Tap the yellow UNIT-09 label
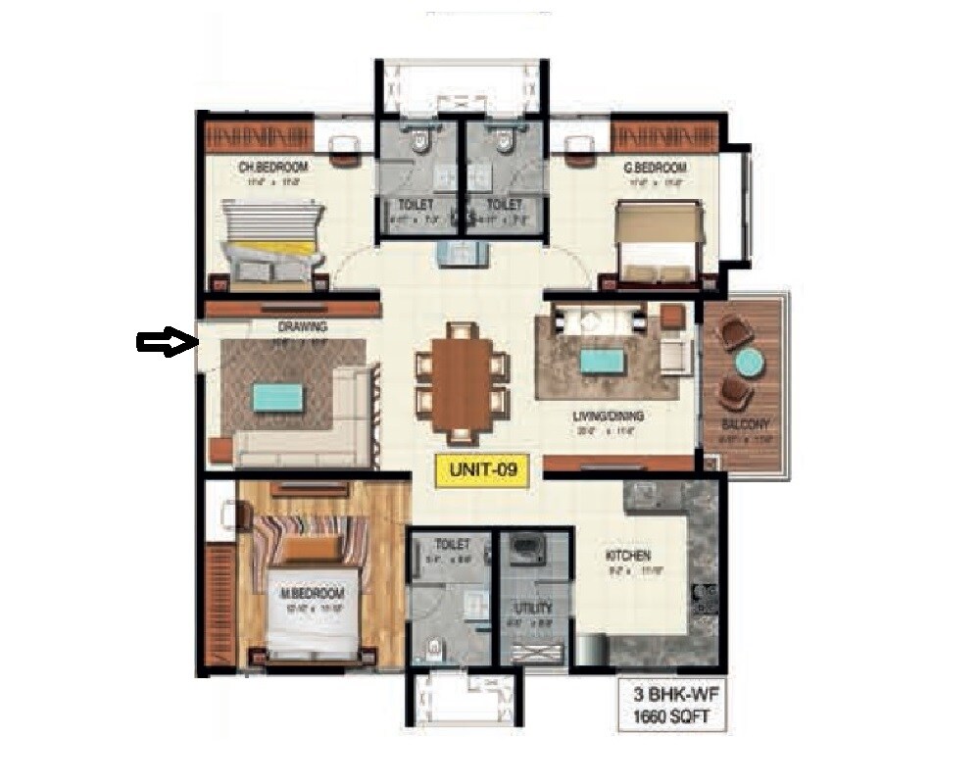(482, 470)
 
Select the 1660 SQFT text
(670, 718)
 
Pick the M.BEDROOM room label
(314, 595)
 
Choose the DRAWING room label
(302, 326)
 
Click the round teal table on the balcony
(750, 363)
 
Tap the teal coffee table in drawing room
(278, 397)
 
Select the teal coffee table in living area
(599, 361)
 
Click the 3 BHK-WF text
(670, 697)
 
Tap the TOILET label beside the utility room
(454, 544)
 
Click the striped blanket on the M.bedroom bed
(309, 541)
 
